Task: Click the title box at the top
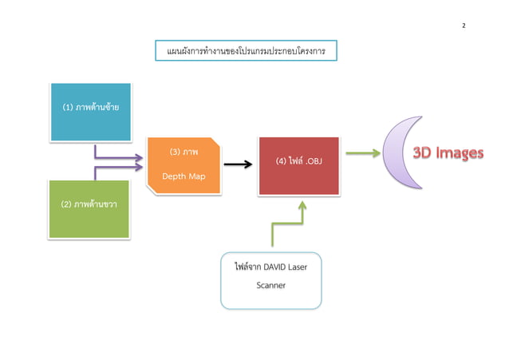tap(246, 51)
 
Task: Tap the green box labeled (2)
tap(89, 208)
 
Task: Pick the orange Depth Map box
tap(184, 164)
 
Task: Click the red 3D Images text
tap(447, 153)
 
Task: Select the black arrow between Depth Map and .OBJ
tap(238, 164)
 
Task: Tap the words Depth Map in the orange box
tap(184, 176)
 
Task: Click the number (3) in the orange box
tap(176, 151)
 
